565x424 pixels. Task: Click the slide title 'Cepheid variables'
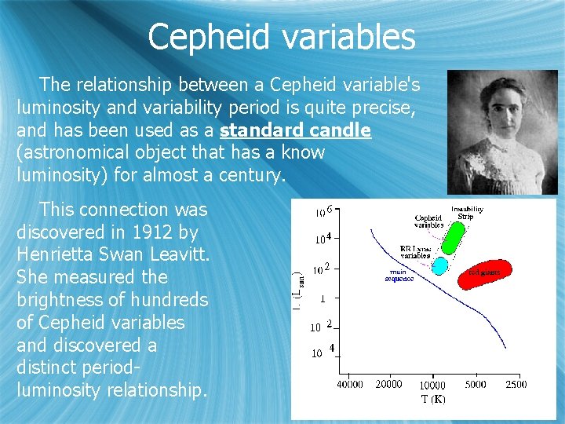(x=281, y=36)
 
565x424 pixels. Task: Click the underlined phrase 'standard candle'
(x=296, y=130)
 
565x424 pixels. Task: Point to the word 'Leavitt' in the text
(x=181, y=255)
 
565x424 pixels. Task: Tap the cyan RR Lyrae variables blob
(x=440, y=265)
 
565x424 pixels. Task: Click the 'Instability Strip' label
(x=467, y=212)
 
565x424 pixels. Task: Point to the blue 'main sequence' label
(x=399, y=275)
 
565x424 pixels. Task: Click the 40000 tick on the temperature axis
(x=349, y=384)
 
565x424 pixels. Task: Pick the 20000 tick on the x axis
(x=388, y=384)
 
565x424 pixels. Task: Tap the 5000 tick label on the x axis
(x=476, y=384)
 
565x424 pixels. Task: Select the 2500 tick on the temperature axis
(x=516, y=384)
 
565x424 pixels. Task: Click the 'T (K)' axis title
(x=432, y=399)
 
